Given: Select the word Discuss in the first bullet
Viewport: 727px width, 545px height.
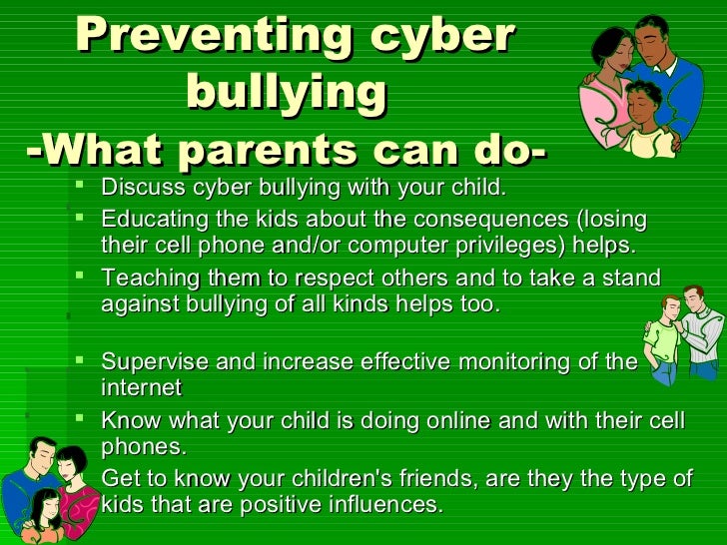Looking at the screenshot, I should (x=138, y=188).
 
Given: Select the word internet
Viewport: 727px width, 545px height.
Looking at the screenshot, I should (x=141, y=386).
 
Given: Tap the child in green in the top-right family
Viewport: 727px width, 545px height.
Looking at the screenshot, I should (x=644, y=120).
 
